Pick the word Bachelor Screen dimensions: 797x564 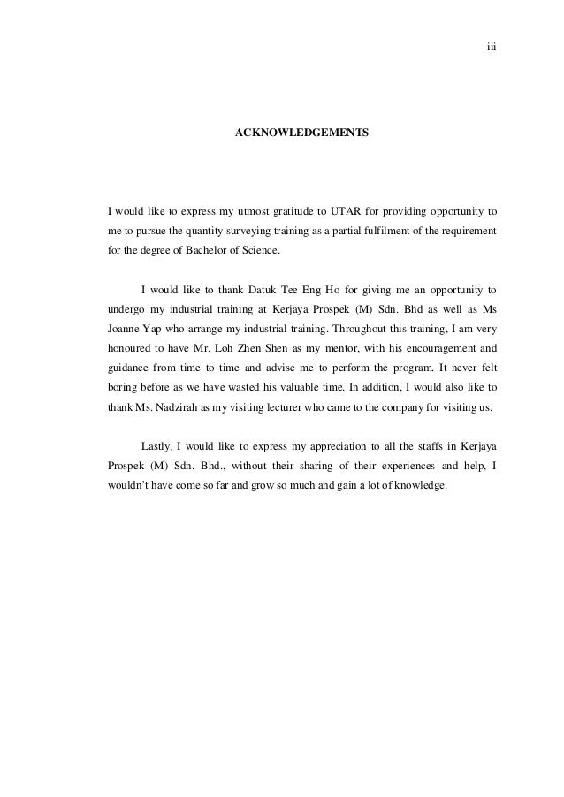click(204, 251)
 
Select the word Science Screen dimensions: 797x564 click(258, 251)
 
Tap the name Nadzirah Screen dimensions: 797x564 click(173, 406)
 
